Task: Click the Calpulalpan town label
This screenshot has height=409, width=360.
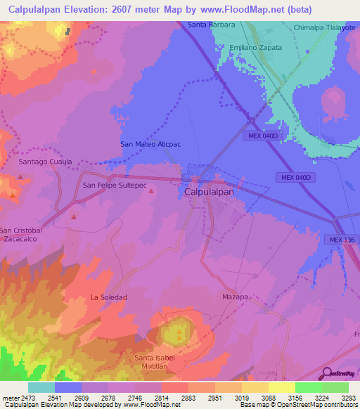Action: click(x=208, y=190)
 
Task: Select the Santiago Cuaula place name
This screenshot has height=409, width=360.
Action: click(x=45, y=162)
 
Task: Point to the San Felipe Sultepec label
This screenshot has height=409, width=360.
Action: click(x=115, y=186)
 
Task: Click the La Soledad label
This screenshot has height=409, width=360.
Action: click(x=108, y=297)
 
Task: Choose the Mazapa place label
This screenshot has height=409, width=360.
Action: click(x=236, y=297)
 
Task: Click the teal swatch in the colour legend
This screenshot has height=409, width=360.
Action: click(x=41, y=387)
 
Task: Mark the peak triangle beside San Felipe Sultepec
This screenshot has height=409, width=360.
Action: click(x=152, y=191)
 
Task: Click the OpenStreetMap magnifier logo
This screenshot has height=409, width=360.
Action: click(x=327, y=372)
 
